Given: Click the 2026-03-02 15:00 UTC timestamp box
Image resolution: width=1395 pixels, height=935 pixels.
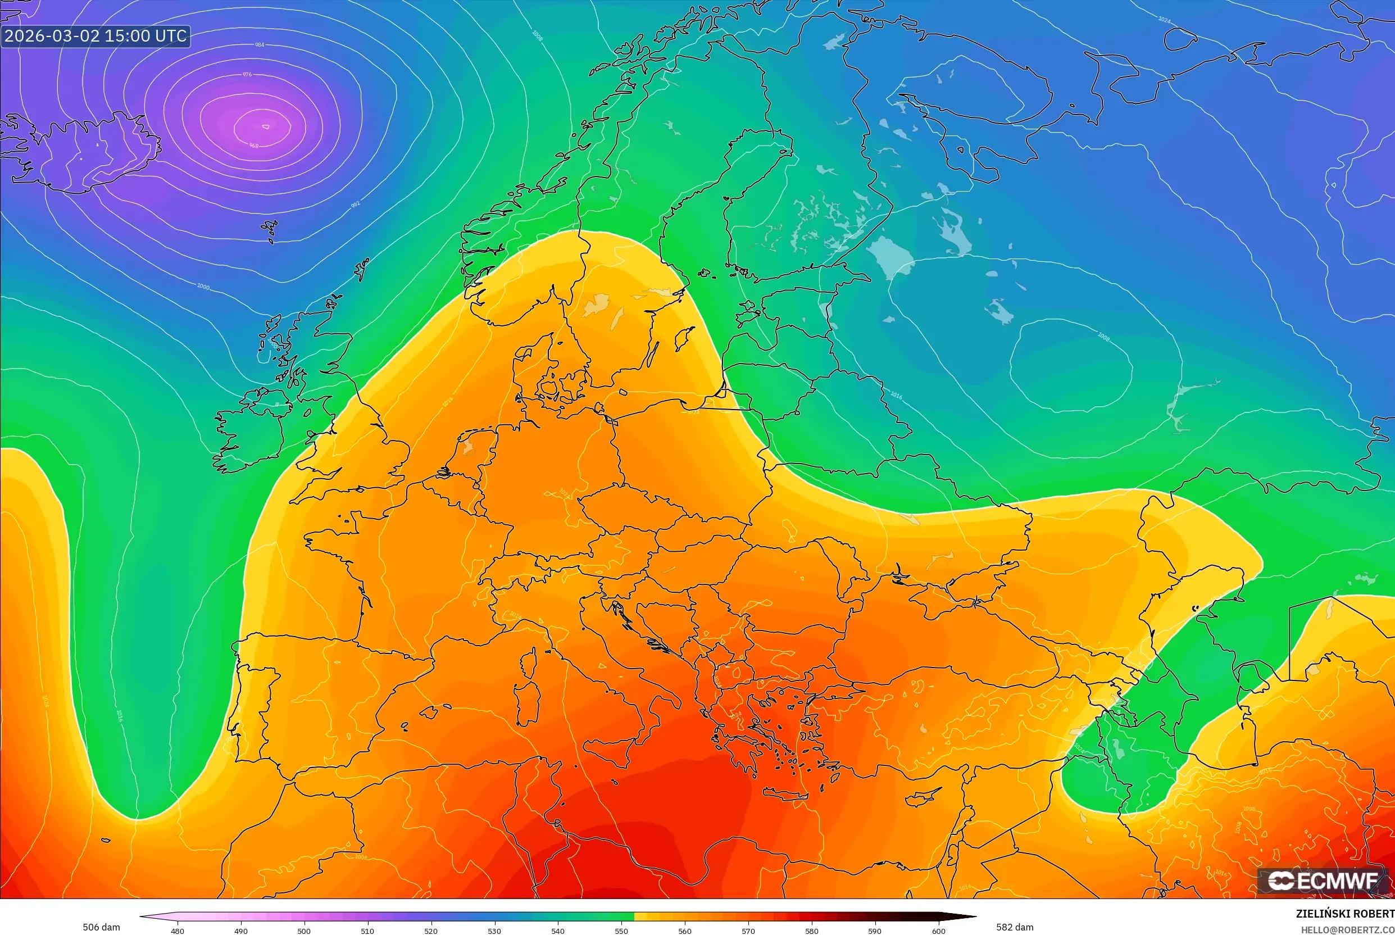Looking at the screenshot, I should [x=96, y=36].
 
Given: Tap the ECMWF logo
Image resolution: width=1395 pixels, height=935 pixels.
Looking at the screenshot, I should [x=1323, y=881].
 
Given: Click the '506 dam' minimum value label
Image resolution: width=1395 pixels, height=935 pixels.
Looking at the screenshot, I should [x=101, y=927].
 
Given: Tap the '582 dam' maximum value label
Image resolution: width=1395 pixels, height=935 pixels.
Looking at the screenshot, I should [x=1015, y=927].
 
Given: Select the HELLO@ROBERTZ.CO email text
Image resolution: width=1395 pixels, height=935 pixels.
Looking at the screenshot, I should [x=1347, y=929].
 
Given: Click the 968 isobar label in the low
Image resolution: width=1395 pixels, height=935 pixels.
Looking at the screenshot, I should [x=254, y=146].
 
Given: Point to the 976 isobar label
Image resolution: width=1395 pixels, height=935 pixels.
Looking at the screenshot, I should [x=247, y=75].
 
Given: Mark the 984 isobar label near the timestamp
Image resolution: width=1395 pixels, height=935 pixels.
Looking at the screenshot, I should [x=260, y=45].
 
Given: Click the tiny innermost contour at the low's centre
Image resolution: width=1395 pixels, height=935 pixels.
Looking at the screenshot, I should [x=265, y=126].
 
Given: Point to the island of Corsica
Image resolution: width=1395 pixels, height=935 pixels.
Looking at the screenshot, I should [x=528, y=663].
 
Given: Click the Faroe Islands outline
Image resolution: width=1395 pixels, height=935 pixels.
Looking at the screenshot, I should [x=270, y=227].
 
